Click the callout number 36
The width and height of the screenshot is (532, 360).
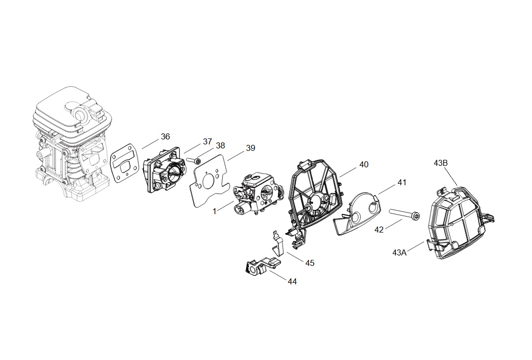[165, 136]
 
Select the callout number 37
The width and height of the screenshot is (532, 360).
[207, 141]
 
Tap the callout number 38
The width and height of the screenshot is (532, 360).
[220, 146]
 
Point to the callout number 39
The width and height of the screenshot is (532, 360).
[250, 148]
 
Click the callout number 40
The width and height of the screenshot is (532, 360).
[364, 164]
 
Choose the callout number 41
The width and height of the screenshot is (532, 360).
[401, 183]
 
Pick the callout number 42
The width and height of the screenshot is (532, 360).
[379, 230]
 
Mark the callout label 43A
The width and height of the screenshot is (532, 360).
[399, 252]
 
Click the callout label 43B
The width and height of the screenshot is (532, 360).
[441, 163]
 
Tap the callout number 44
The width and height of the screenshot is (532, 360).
[292, 281]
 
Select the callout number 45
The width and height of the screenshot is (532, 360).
[310, 263]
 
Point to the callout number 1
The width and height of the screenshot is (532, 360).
[214, 211]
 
